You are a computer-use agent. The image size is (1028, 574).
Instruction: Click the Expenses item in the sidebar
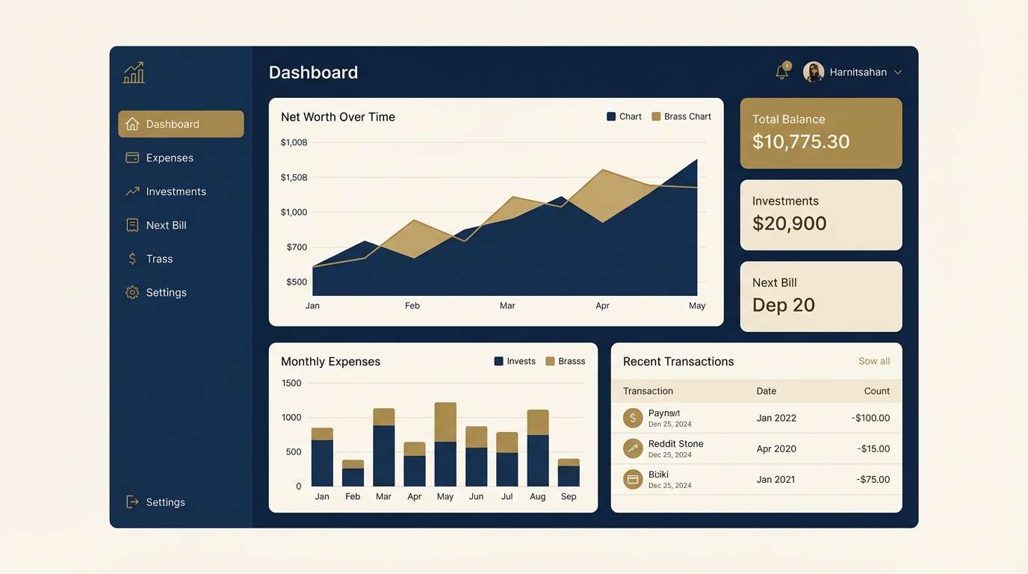[x=170, y=158]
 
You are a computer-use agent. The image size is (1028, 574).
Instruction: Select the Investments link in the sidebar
[x=176, y=191]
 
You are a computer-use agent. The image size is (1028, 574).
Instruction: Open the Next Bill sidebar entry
[x=166, y=225]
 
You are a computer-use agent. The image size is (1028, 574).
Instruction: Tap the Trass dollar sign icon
[x=132, y=259]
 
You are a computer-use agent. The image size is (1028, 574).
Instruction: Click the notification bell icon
[x=782, y=72]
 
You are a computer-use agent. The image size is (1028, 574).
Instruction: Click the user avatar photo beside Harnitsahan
[x=813, y=72]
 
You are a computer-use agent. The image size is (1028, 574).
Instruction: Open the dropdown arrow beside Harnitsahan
[x=898, y=72]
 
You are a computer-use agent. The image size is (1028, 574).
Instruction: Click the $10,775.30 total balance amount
[x=800, y=142]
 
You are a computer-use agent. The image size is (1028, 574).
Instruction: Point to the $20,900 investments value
[x=789, y=223]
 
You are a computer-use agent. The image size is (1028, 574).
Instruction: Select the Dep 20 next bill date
[x=783, y=305]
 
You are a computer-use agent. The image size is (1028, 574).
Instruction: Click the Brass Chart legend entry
[x=681, y=117]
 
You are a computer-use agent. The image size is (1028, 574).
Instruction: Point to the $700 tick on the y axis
[x=297, y=247]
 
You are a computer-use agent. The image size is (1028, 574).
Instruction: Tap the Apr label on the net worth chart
[x=602, y=306]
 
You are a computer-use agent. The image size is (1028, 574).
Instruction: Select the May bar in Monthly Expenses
[x=445, y=445]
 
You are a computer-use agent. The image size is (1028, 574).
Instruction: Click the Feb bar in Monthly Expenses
[x=353, y=473]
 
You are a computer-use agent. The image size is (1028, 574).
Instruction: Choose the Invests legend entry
[x=515, y=362]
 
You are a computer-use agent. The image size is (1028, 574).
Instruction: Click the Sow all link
[x=873, y=362]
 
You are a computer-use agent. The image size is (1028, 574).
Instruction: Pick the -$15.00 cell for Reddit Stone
[x=873, y=449]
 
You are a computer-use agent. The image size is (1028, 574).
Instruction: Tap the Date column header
[x=766, y=391]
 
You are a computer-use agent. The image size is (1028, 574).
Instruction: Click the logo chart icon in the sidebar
[x=134, y=72]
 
